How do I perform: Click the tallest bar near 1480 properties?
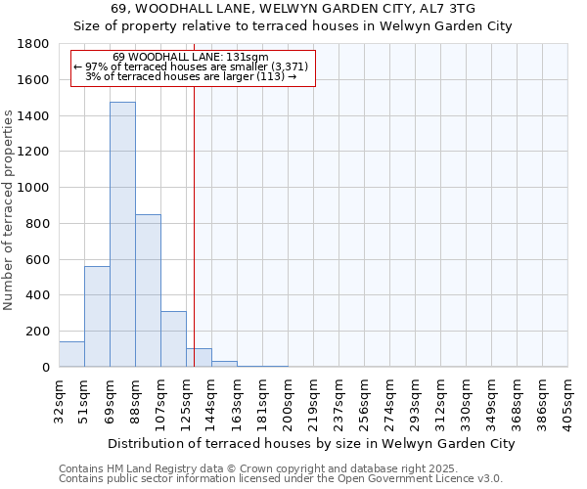122,235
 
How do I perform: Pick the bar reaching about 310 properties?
173,338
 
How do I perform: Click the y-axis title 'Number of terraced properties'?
9,210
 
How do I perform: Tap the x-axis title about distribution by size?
311,443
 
